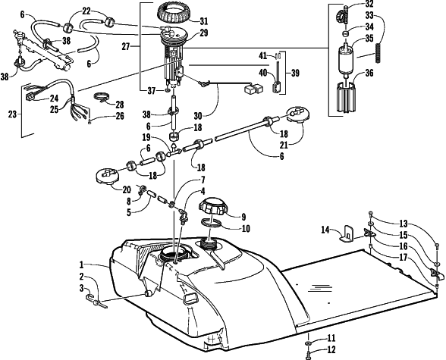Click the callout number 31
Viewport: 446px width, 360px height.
click(x=203, y=21)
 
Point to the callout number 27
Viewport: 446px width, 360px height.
click(x=126, y=46)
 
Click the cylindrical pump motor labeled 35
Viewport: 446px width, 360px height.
click(x=347, y=60)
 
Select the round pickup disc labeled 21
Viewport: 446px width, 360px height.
click(x=297, y=115)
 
